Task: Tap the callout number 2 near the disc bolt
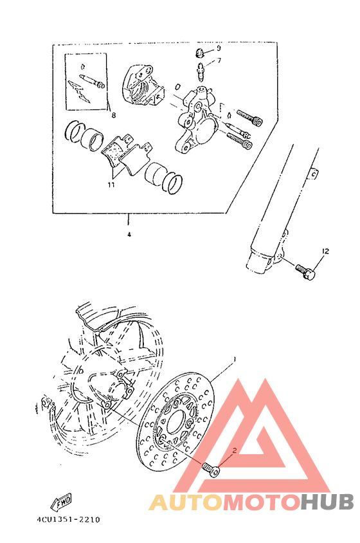[235, 451]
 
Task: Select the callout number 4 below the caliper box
[129, 235]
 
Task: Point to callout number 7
[219, 60]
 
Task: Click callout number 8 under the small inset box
[113, 116]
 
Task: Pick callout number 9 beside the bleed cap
[219, 48]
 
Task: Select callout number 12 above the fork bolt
[325, 252]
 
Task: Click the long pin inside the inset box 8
[91, 80]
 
